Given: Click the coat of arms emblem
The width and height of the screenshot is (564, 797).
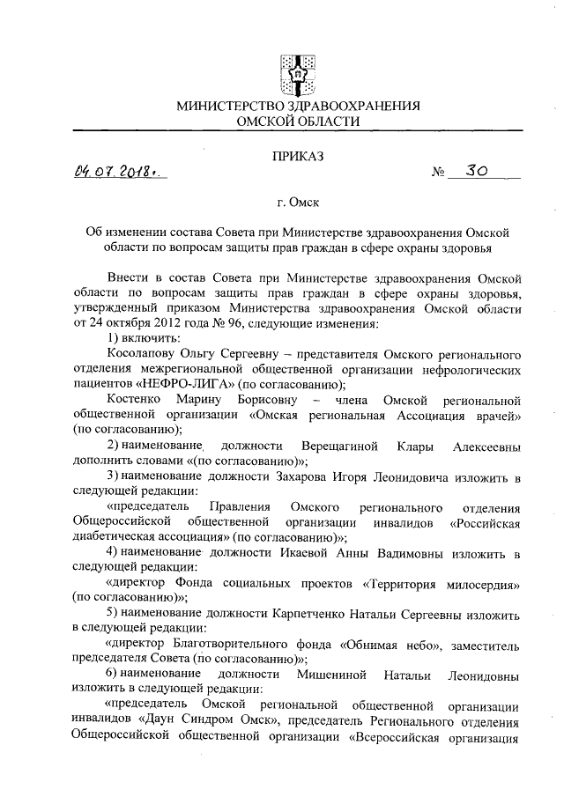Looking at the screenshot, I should point(297,70).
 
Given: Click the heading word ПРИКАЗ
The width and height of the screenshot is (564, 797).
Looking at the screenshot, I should point(298,156).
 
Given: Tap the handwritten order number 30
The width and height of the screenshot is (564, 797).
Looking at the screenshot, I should point(477,170).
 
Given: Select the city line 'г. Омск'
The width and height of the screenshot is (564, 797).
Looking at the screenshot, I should point(298,203).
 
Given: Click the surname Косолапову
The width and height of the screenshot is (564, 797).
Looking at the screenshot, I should point(142,352).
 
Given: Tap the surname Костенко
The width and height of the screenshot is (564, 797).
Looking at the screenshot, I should point(135,398).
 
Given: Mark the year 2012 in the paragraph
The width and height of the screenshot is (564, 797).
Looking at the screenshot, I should point(148,322).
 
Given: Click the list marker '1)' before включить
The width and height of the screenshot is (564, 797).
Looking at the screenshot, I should point(112,337).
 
